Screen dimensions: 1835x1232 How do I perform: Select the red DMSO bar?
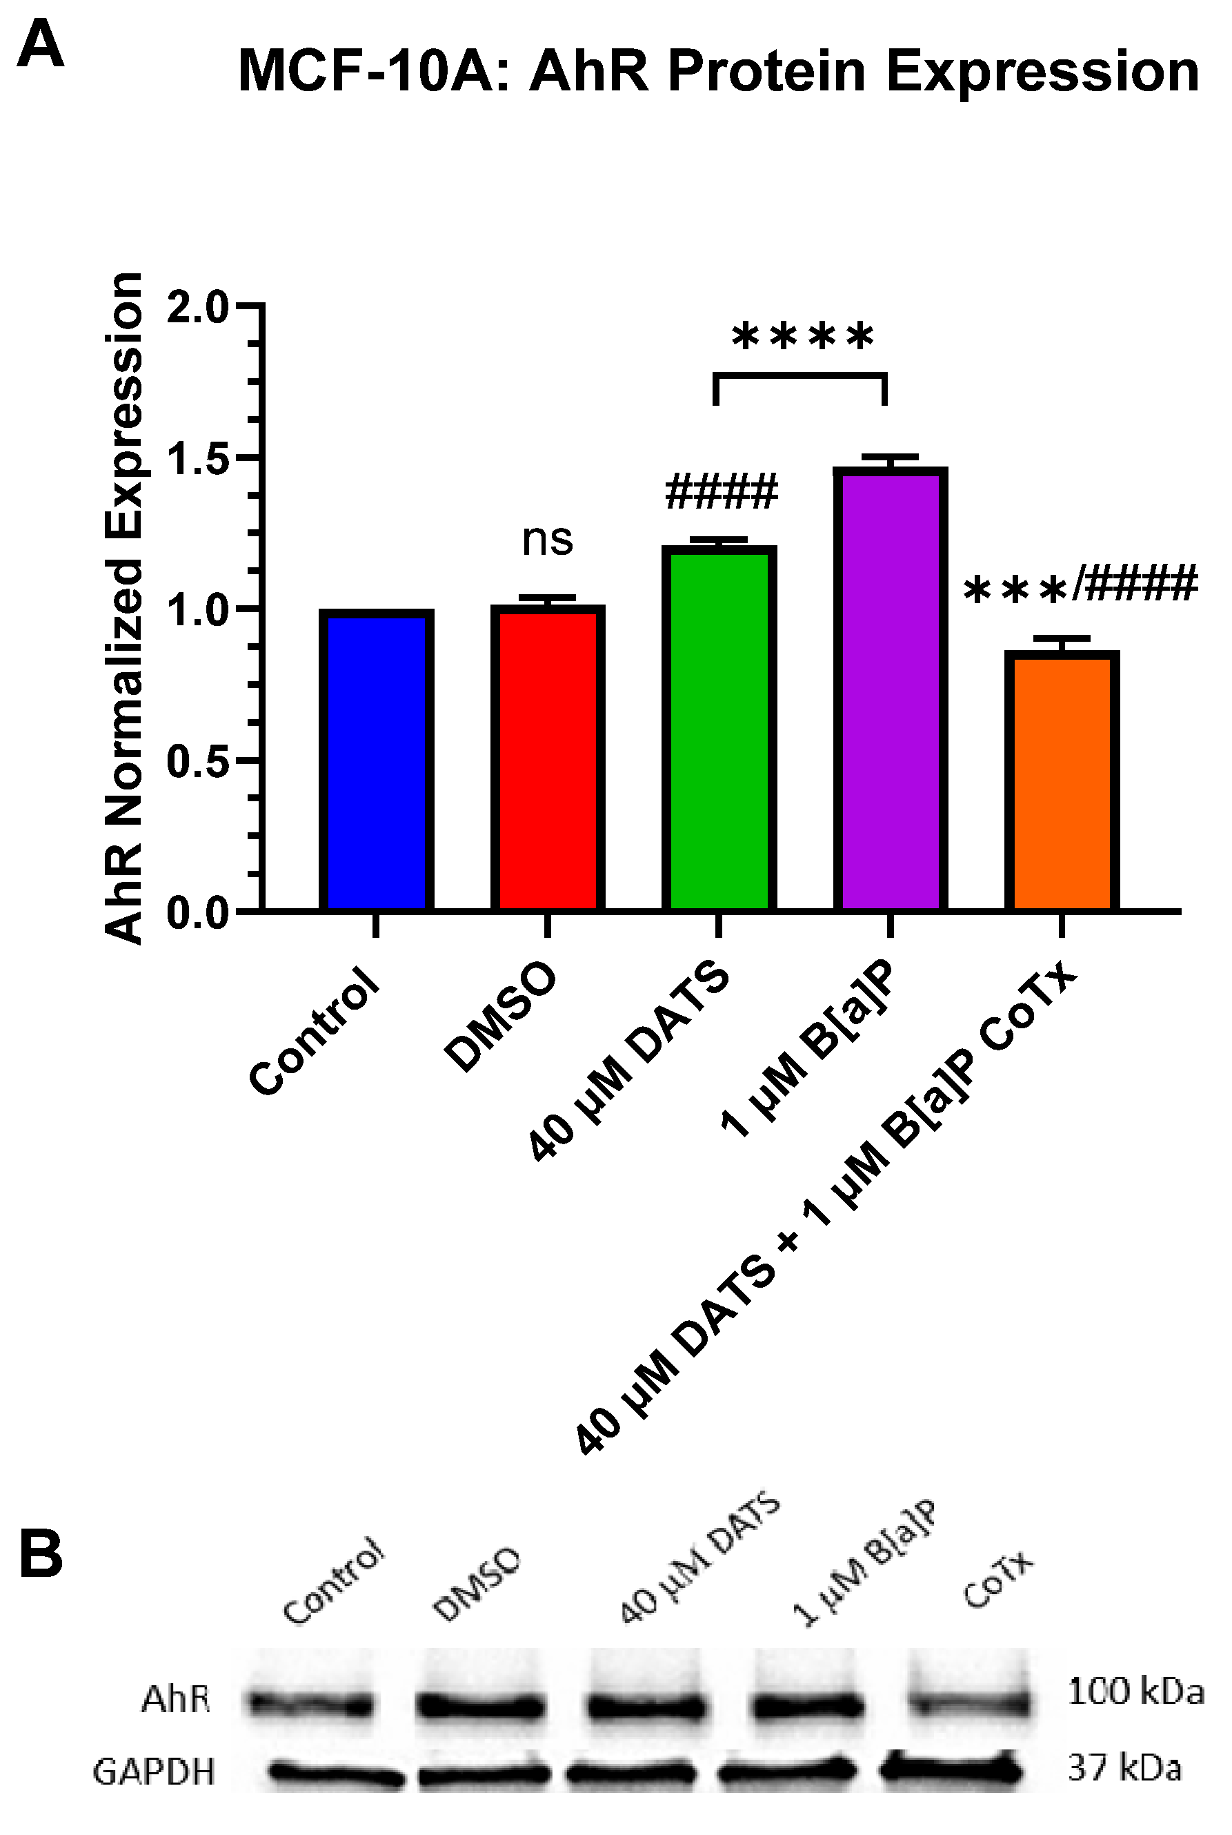tap(548, 758)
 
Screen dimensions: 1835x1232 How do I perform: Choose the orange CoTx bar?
tap(1062, 781)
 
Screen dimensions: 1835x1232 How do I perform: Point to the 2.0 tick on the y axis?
tap(197, 306)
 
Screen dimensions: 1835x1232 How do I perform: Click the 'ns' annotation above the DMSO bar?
tap(548, 540)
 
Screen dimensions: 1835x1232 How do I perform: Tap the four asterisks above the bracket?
tap(802, 339)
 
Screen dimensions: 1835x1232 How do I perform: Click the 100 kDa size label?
tap(1135, 1692)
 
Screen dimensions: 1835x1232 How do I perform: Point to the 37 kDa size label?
tap(1124, 1768)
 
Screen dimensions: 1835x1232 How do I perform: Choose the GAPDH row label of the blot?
tap(154, 1772)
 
